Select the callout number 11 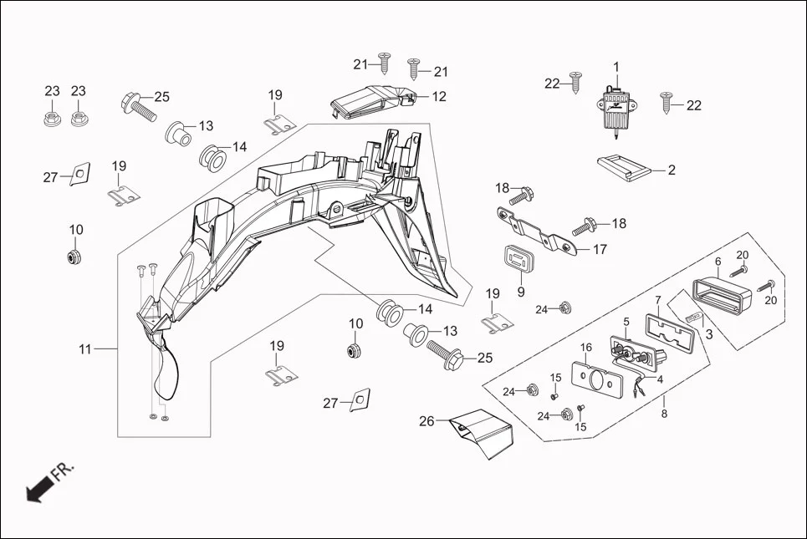[85, 349]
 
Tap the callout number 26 [426, 421]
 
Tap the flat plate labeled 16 [599, 380]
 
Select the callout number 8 [664, 413]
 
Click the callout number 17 [600, 249]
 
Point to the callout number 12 [439, 96]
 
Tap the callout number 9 [520, 292]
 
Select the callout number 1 [616, 66]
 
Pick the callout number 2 [671, 169]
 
